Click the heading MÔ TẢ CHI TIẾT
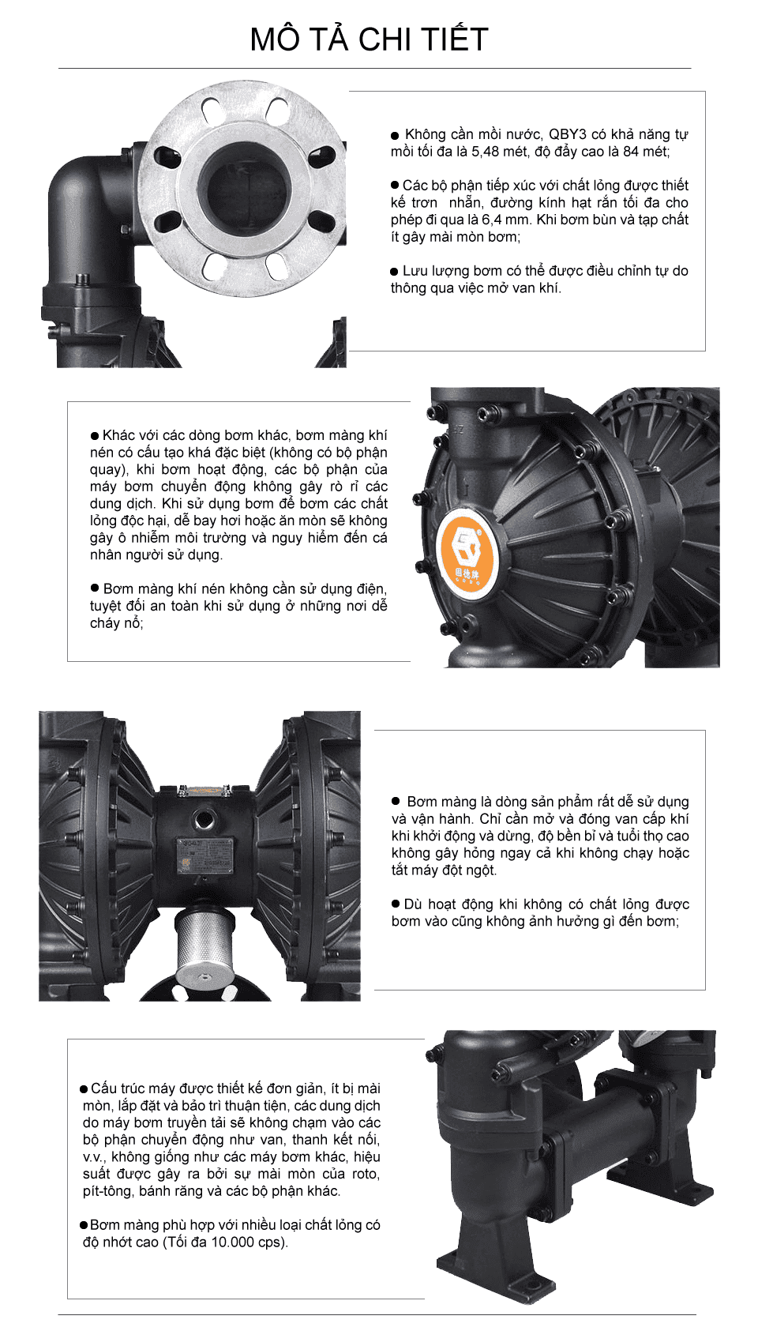[369, 39]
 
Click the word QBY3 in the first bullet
[569, 134]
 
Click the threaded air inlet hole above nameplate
[205, 819]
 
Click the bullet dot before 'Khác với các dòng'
[95, 436]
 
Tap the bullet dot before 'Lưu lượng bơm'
[395, 272]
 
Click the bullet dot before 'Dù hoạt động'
[396, 904]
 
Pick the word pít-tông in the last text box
[107, 1191]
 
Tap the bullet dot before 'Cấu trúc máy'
[84, 1089]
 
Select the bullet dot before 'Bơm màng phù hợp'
[84, 1225]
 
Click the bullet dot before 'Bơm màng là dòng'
[396, 802]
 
